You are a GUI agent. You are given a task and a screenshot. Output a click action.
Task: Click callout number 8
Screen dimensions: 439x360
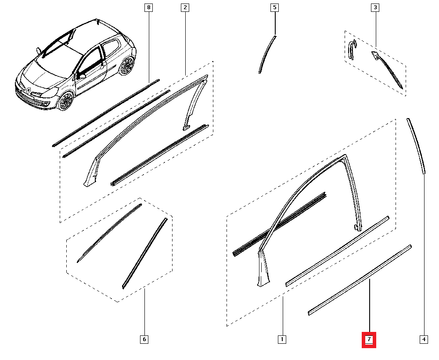(149, 7)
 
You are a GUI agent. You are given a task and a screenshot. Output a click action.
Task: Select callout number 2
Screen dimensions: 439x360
(185, 7)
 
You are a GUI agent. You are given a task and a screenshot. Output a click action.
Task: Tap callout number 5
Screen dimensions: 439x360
(275, 7)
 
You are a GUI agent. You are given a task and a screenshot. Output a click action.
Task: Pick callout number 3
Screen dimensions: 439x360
(375, 7)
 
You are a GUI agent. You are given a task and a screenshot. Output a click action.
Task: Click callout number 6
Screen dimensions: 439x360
(144, 339)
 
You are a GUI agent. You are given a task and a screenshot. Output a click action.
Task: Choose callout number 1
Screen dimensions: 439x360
(282, 339)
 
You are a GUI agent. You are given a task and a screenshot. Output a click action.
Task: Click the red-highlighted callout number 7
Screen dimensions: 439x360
(369, 340)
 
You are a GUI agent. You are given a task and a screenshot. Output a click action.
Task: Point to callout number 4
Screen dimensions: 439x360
(424, 339)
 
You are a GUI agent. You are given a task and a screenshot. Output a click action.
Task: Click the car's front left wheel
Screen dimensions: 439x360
(66, 101)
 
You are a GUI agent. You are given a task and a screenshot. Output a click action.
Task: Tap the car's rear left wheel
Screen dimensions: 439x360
(126, 66)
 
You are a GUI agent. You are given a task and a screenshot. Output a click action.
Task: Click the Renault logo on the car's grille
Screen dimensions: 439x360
(29, 90)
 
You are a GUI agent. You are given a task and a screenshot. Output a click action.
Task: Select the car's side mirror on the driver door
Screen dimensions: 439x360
(82, 76)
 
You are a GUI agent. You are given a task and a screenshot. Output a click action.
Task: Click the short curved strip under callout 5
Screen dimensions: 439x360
(267, 54)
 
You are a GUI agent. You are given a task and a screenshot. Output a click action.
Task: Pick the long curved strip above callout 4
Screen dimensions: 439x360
(416, 146)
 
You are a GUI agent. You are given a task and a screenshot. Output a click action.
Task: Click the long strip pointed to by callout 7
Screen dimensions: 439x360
(360, 280)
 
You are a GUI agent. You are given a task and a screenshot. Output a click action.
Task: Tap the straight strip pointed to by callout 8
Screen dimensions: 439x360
(106, 113)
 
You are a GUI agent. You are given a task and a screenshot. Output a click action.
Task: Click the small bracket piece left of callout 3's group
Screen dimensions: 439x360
(352, 50)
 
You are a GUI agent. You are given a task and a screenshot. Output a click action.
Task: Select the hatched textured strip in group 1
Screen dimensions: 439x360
(279, 224)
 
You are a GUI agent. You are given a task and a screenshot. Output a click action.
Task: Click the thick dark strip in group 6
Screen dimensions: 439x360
(145, 253)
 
